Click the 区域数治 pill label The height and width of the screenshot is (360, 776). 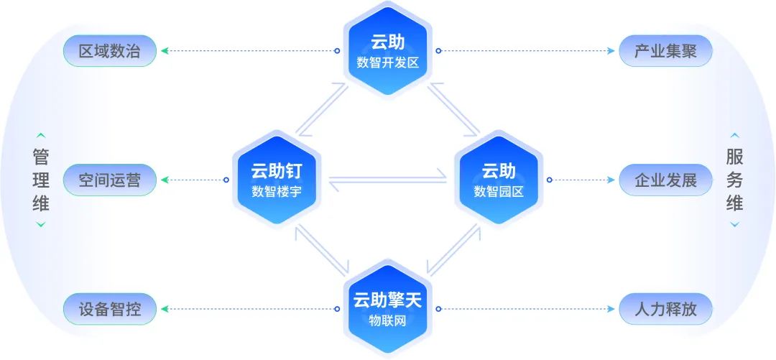pos(109,51)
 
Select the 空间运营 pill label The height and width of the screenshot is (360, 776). pos(109,180)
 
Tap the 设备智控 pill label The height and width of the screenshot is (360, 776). pos(109,310)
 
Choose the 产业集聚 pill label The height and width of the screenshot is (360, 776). pos(665,51)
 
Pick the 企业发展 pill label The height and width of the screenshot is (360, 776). pos(665,180)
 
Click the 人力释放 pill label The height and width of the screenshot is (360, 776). pos(665,310)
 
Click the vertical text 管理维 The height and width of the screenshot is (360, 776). pos(41,180)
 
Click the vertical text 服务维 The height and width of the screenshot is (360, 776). pos(734,180)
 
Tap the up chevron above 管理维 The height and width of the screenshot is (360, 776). pos(41,134)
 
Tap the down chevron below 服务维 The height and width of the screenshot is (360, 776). pos(734,225)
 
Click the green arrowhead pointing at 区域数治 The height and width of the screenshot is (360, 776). pos(165,51)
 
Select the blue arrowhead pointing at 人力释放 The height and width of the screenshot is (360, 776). pos(611,310)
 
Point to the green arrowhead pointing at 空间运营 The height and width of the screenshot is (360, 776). pos(165,180)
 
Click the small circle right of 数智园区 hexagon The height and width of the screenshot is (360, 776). pos(550,180)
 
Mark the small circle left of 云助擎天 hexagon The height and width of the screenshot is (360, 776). pos(337,310)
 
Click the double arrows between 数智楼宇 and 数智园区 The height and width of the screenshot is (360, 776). pos(387,180)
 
